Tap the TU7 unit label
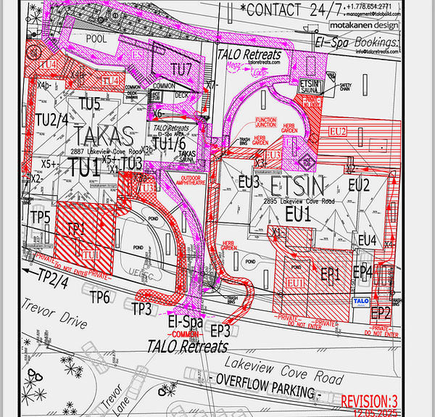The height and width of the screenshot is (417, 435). coord(182,70)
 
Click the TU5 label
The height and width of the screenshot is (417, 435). coord(89,104)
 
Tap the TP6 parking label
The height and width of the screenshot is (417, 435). coord(100,295)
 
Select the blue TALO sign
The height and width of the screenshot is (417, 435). coord(361,300)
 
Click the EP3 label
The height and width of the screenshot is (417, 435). coord(221,330)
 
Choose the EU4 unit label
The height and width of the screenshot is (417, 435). coord(367,240)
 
